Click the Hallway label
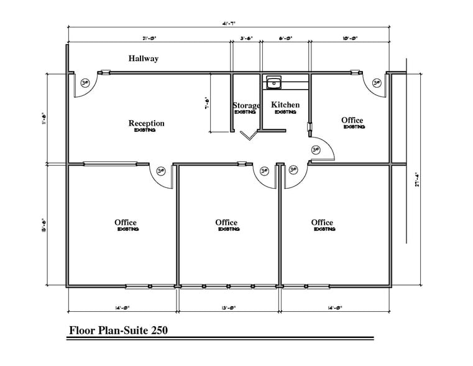(x=144, y=59)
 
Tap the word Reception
(x=147, y=123)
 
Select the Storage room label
(x=246, y=106)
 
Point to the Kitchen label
(x=285, y=105)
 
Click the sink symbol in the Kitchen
(x=273, y=81)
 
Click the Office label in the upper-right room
(x=352, y=120)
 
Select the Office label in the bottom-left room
(x=126, y=223)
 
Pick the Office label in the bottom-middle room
(x=226, y=223)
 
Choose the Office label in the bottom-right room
(x=322, y=223)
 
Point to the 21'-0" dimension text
(x=149, y=38)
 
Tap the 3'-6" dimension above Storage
(x=246, y=38)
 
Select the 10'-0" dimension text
(x=349, y=38)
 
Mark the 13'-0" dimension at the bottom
(x=229, y=307)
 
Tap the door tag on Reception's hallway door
(x=85, y=82)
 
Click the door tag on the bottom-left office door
(x=161, y=171)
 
